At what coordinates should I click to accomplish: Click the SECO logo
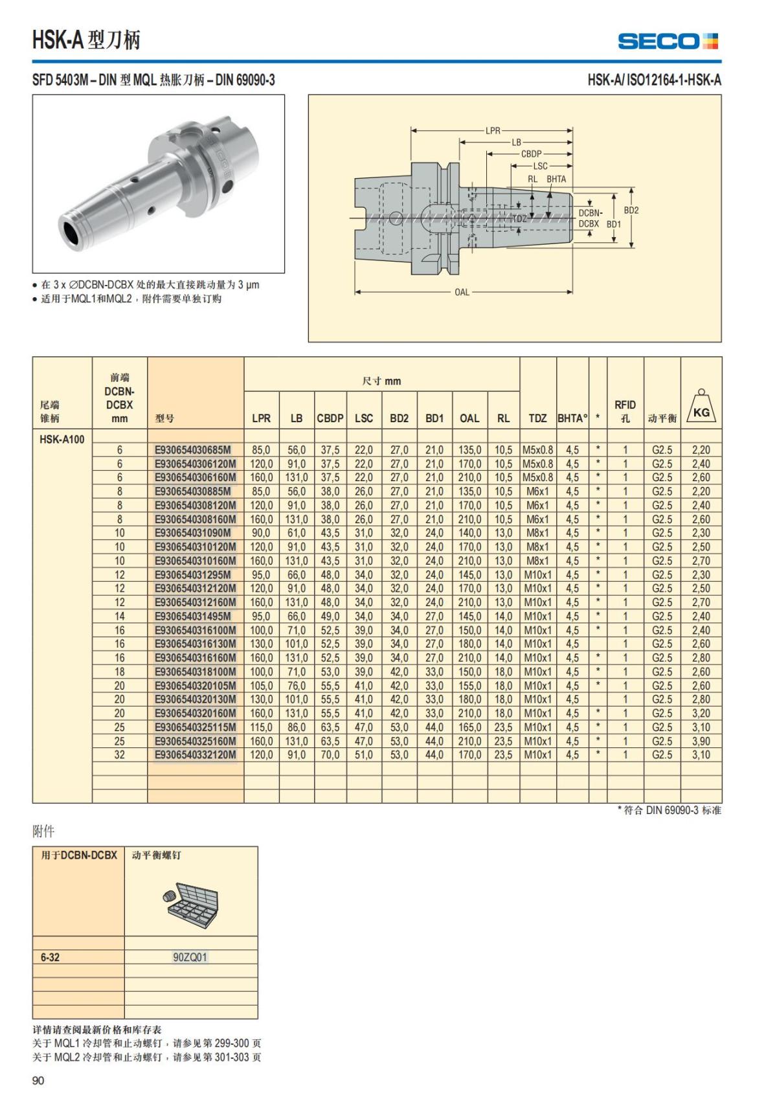point(668,41)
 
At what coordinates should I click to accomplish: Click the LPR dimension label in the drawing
point(493,130)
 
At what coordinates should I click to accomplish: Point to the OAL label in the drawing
point(462,292)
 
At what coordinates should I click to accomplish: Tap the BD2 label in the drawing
point(631,210)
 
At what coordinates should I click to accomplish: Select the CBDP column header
point(330,418)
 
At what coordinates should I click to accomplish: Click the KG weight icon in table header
point(701,408)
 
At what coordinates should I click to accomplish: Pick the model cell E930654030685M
point(193,449)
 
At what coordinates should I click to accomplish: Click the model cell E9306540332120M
point(195,754)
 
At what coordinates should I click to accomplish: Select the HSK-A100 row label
point(62,439)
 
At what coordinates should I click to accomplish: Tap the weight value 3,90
point(701,741)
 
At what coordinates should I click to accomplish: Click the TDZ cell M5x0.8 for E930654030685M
point(537,449)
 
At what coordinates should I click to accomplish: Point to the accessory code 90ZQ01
point(190,957)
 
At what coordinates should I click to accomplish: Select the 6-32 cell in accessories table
point(50,957)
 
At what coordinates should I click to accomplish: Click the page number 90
point(38,1080)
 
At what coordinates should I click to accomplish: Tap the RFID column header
point(625,411)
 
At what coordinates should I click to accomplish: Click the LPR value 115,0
point(261,727)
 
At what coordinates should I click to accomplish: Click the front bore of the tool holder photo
point(71,231)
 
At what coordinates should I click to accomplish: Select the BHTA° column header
point(572,418)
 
